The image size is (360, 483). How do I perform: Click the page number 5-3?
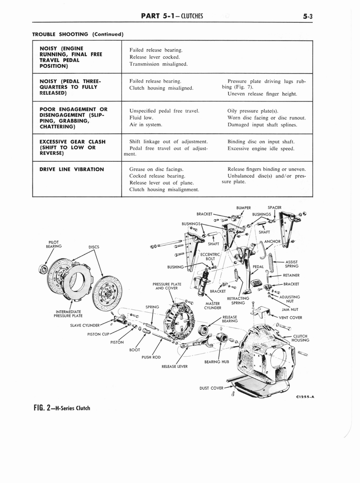click(309, 16)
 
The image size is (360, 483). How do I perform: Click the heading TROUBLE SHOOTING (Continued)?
click(77, 34)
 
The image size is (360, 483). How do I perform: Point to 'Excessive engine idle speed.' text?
click(261, 149)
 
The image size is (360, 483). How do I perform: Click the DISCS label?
click(94, 246)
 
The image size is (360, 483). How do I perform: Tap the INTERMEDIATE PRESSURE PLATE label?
click(69, 314)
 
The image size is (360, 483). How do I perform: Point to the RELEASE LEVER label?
click(174, 366)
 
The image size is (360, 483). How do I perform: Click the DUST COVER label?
click(211, 388)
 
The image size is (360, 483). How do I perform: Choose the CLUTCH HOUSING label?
click(300, 338)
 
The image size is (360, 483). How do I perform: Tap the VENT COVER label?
click(290, 317)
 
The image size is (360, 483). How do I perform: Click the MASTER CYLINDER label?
click(213, 306)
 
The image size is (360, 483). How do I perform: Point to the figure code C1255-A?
click(305, 397)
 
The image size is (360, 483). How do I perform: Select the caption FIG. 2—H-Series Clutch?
click(61, 408)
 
